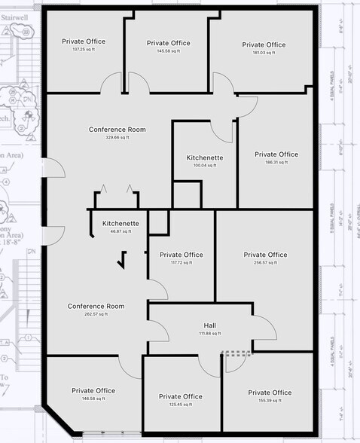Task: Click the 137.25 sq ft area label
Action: tap(83, 49)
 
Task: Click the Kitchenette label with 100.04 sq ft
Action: tap(205, 157)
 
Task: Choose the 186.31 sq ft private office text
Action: tap(276, 154)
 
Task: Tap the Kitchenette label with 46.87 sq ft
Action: tap(121, 224)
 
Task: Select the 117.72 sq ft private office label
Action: tap(181, 255)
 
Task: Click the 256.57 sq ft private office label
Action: tap(265, 255)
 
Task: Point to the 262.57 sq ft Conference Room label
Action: tap(96, 306)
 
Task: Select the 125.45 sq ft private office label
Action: tap(181, 396)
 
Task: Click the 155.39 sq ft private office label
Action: tap(270, 393)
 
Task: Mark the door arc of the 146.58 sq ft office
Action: tap(130, 366)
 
